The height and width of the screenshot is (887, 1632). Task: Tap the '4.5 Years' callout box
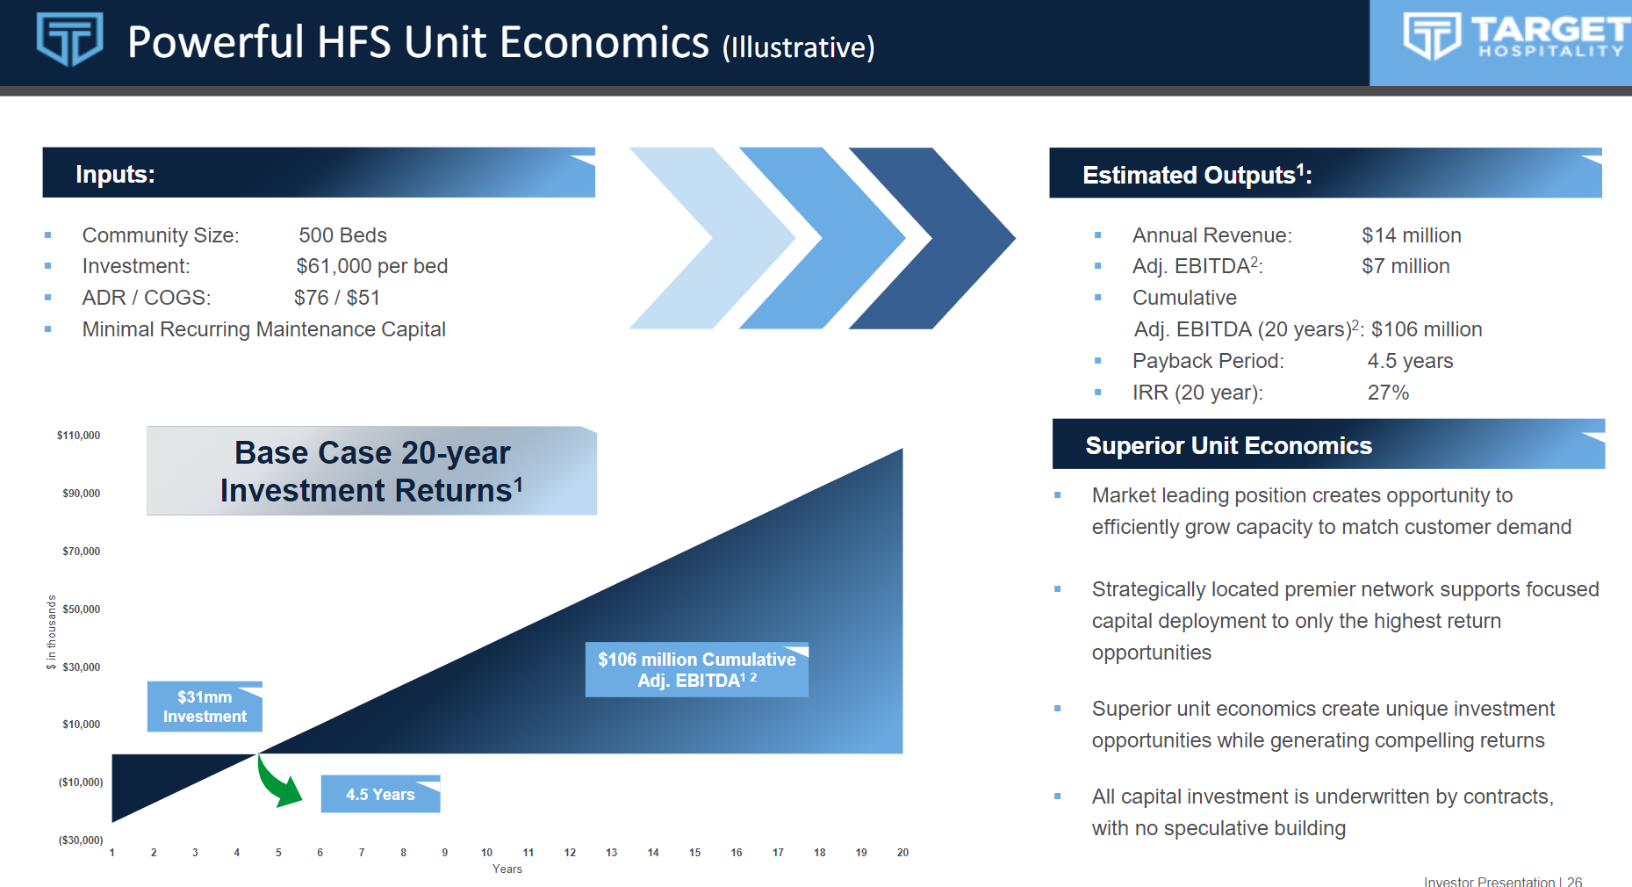click(380, 794)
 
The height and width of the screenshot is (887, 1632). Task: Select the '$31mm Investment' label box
click(205, 706)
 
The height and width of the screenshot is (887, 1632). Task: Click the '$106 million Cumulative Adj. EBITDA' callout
click(697, 669)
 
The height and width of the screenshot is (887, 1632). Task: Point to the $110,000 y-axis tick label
click(78, 436)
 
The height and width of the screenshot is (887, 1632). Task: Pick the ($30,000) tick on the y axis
click(81, 840)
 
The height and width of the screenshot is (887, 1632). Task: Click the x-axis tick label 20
click(902, 853)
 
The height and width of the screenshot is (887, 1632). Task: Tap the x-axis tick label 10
click(486, 853)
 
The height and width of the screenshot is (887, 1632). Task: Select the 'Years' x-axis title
click(507, 869)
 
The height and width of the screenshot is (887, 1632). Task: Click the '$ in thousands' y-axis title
click(52, 632)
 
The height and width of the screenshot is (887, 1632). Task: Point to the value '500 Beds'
click(342, 235)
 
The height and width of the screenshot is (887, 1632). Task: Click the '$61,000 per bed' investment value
click(372, 266)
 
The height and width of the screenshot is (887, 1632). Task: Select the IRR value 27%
click(1388, 393)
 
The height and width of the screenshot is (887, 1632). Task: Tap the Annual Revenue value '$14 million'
click(1412, 235)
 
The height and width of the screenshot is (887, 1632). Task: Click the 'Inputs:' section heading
click(115, 174)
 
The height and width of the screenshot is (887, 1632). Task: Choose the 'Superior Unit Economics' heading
click(1228, 445)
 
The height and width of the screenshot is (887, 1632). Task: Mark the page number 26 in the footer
click(1575, 881)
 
